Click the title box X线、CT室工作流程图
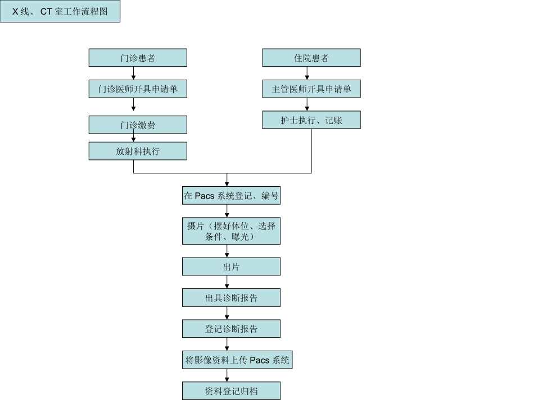(x=60, y=11)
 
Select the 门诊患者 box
(x=138, y=58)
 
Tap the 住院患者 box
(x=311, y=58)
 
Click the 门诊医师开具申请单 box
(x=138, y=89)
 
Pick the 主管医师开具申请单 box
(x=311, y=89)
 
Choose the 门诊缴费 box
(x=138, y=125)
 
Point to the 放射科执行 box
(x=138, y=151)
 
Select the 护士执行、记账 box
(x=311, y=119)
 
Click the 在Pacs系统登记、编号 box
(x=231, y=196)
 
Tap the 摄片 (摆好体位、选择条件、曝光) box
(x=231, y=231)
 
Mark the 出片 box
(x=231, y=266)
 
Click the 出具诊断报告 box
(x=231, y=297)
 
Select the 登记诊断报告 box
(x=231, y=328)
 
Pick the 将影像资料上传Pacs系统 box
(x=237, y=360)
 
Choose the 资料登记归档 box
(x=231, y=390)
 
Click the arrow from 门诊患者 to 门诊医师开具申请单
(x=134, y=73)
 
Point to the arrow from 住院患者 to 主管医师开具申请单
(x=307, y=73)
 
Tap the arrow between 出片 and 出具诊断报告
(x=227, y=282)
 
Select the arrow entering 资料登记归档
(x=227, y=375)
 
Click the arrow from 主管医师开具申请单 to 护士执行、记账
(x=307, y=104)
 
